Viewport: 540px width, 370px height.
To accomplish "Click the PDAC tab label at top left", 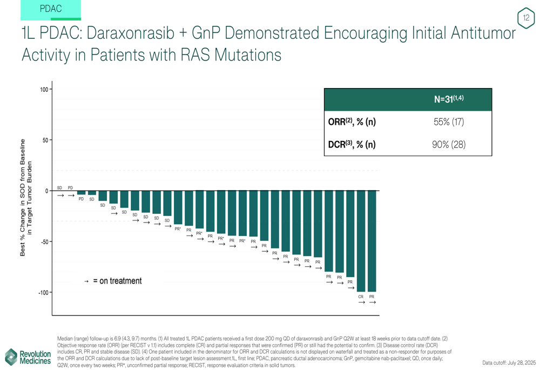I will pos(51,9).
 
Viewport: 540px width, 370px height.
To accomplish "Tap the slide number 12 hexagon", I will pos(526,18).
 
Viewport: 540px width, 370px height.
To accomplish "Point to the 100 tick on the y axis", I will pos(43,89).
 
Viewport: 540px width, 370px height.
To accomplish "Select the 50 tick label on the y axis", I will pos(45,140).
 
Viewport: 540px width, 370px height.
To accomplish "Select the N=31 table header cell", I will pos(449,99).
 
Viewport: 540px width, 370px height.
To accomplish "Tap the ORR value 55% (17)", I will pos(449,122).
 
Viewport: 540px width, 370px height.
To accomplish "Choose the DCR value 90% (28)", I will pos(449,144).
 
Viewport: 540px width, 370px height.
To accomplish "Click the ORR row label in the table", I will pos(352,122).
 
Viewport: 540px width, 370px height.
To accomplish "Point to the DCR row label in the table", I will pos(352,144).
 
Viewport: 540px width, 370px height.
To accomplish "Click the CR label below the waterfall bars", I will pos(361,297).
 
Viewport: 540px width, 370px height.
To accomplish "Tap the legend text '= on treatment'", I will pos(117,281).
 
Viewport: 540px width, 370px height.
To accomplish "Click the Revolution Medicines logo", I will pos(28,357).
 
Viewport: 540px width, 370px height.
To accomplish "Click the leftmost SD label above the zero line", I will pos(59,187).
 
